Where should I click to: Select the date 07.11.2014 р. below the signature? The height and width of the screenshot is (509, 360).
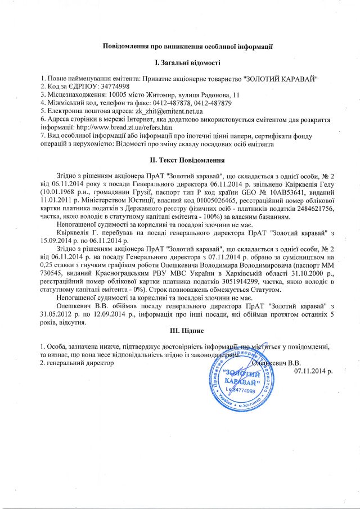point(313,371)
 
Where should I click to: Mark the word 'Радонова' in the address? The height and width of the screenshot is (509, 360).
point(213,94)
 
